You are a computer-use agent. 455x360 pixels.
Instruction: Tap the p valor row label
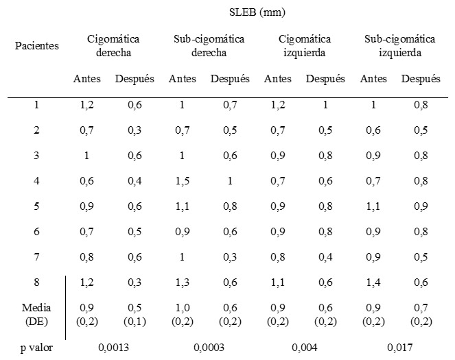(37, 348)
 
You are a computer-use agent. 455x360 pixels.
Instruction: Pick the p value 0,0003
(209, 348)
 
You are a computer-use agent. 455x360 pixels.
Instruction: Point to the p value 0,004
(304, 348)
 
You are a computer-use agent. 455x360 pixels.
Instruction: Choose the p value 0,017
(400, 348)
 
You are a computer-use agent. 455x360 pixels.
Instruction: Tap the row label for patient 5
(37, 205)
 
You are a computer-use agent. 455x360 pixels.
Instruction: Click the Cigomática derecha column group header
(114, 45)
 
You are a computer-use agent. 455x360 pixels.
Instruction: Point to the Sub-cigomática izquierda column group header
(401, 45)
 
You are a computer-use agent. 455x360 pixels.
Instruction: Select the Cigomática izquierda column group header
(305, 45)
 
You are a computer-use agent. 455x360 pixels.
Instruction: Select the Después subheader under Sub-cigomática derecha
(230, 79)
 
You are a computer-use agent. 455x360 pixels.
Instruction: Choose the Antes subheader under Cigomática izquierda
(278, 79)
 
